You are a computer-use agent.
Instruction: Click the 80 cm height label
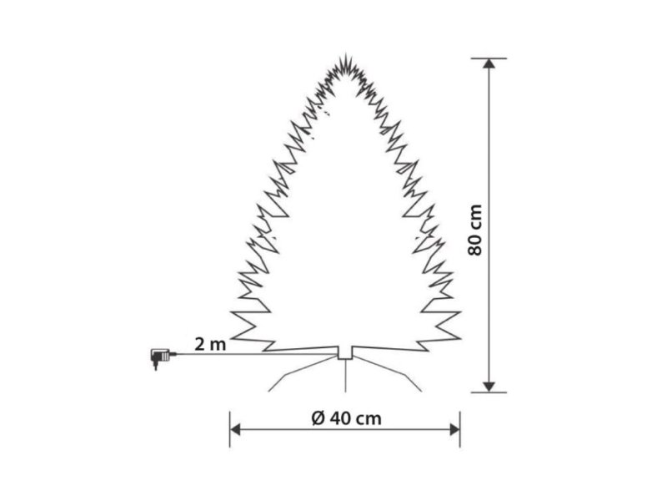[x=475, y=230]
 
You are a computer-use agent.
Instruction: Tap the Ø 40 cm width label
[x=346, y=418]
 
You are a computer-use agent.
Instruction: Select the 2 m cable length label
[x=210, y=344]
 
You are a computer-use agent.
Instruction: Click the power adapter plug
[x=161, y=357]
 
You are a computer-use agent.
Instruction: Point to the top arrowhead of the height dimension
[x=489, y=63]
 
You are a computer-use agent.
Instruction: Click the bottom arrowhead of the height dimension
[x=489, y=387]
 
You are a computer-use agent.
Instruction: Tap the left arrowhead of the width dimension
[x=235, y=430]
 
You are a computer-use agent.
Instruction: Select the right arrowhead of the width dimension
[x=454, y=430]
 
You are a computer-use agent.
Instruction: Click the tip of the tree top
[x=345, y=54]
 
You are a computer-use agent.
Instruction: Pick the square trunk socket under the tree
[x=345, y=353]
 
